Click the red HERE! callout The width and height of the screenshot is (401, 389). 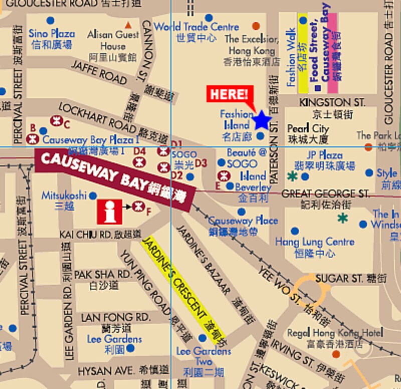(230, 94)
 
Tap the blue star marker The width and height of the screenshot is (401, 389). (262, 120)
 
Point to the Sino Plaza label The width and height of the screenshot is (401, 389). (52, 34)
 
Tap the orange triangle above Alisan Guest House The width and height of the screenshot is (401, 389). (129, 25)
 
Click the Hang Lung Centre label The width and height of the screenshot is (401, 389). (315, 242)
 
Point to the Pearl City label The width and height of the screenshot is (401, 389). (308, 129)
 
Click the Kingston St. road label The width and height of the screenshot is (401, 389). (332, 102)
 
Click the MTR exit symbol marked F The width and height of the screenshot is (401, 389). (139, 206)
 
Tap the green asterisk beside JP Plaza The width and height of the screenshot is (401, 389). (292, 176)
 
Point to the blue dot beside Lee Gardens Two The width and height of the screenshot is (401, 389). (203, 338)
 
